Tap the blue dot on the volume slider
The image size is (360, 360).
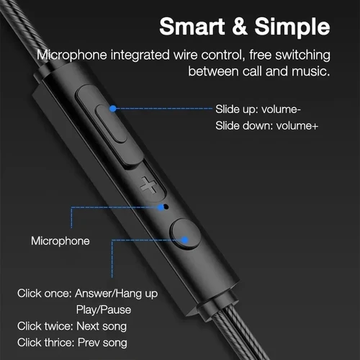[113, 109]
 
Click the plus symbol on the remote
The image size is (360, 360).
[149, 185]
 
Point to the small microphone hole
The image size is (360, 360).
[167, 207]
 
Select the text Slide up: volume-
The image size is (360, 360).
[258, 109]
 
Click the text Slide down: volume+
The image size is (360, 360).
[267, 126]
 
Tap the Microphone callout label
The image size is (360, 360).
[60, 240]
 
